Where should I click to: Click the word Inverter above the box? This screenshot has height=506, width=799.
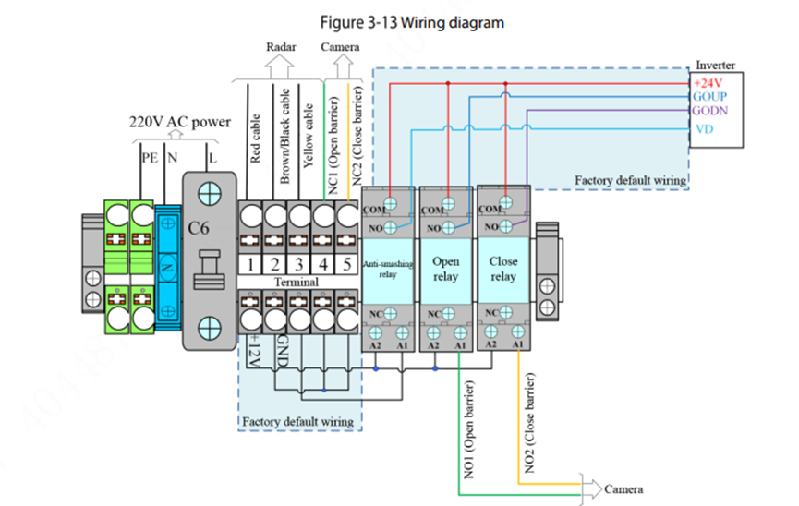point(716,66)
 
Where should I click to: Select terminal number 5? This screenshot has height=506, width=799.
point(346,264)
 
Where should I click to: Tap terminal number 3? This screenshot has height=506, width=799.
point(298,264)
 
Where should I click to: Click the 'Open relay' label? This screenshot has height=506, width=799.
point(446,269)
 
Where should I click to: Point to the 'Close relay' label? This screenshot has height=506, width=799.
point(503,269)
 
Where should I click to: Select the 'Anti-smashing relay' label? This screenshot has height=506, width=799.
point(388,269)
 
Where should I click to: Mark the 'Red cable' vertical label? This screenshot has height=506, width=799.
point(256,138)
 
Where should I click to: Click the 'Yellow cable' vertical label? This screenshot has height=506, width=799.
point(309,128)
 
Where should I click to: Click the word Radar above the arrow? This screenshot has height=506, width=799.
point(282,46)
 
